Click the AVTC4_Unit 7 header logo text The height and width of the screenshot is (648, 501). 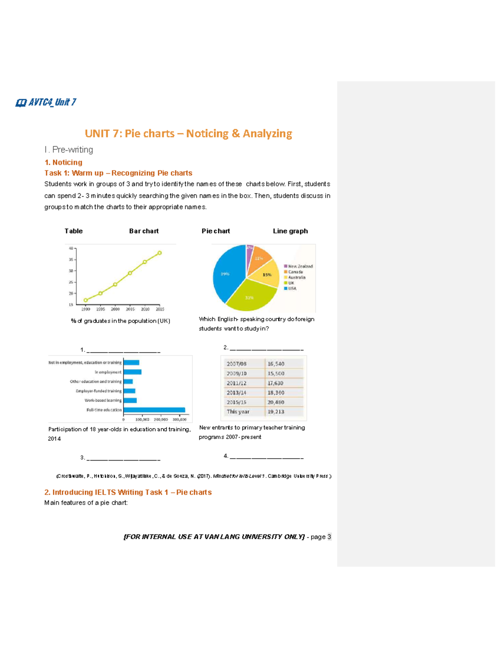[x=47, y=102]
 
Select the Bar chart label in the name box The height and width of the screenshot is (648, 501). [x=144, y=231]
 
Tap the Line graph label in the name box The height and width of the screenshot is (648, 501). [x=290, y=231]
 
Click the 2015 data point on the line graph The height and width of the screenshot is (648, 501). [x=159, y=253]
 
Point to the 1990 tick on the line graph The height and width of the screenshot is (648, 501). [x=86, y=309]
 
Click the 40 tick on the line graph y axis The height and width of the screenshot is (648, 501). [x=71, y=248]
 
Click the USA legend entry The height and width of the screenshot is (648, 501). [x=292, y=288]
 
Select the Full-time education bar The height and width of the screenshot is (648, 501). [x=154, y=410]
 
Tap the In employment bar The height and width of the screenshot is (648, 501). [x=132, y=372]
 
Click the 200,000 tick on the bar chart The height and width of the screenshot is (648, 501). [x=161, y=419]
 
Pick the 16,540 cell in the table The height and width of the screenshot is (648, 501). [x=276, y=364]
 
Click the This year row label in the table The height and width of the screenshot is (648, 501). [x=238, y=411]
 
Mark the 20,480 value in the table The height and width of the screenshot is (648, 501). [x=276, y=402]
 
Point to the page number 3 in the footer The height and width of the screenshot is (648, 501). [x=329, y=537]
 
